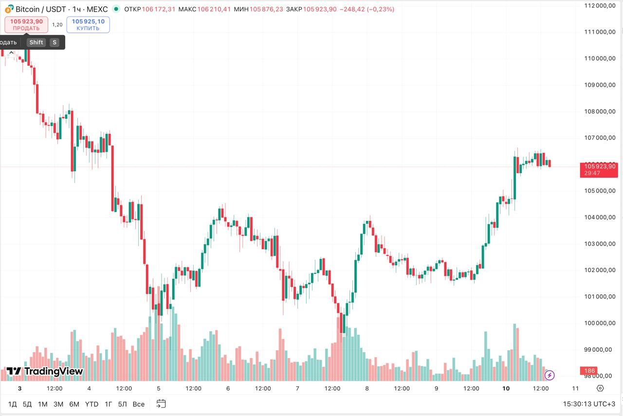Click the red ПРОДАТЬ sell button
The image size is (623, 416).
point(26,25)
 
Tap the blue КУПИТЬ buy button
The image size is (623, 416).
point(88,25)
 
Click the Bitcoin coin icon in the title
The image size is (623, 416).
point(9,9)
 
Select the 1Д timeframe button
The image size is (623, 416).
point(13,404)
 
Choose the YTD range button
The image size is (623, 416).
point(92,404)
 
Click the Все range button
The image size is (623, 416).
point(138,404)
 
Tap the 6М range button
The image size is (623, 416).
point(74,404)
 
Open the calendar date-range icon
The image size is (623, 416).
point(161,404)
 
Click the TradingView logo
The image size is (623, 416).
point(45,372)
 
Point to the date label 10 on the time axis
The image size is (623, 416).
point(506,388)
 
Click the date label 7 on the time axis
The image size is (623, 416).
point(297,388)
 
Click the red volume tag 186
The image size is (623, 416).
point(590,371)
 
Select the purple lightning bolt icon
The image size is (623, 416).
point(550,375)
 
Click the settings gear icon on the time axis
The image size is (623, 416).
point(600,388)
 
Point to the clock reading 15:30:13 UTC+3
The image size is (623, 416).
point(589,404)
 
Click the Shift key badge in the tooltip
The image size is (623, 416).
point(36,42)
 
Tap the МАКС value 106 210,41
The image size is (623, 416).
point(214,9)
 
